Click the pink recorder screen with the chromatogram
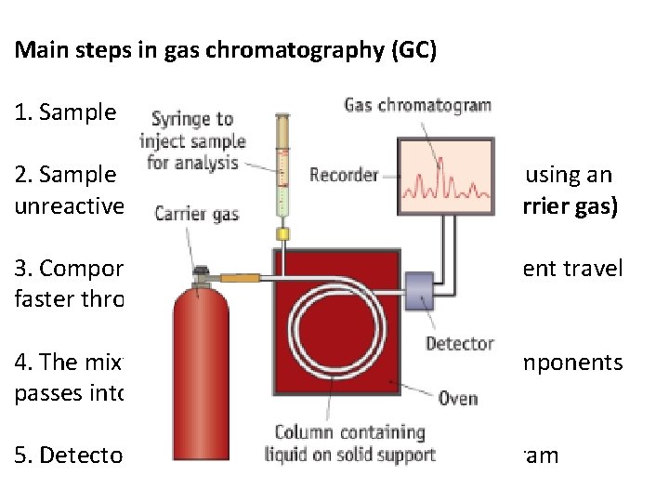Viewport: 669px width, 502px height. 444,178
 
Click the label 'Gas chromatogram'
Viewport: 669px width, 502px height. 417,104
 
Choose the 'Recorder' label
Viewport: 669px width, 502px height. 344,175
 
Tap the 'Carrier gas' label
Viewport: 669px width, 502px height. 197,214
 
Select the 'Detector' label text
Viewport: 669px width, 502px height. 459,344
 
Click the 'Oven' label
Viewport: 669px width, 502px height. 458,399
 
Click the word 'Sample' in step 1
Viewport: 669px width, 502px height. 65,113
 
